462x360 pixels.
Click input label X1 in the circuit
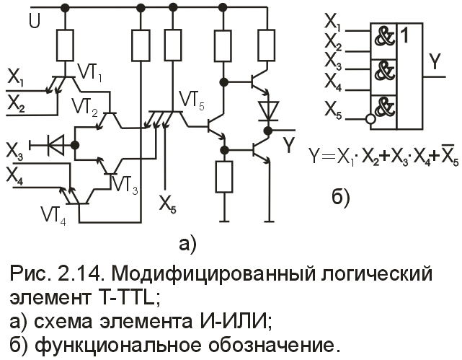15,75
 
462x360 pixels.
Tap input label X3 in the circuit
14,151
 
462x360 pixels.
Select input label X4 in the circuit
15,175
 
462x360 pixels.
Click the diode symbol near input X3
53,144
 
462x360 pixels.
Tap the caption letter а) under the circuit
189,243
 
